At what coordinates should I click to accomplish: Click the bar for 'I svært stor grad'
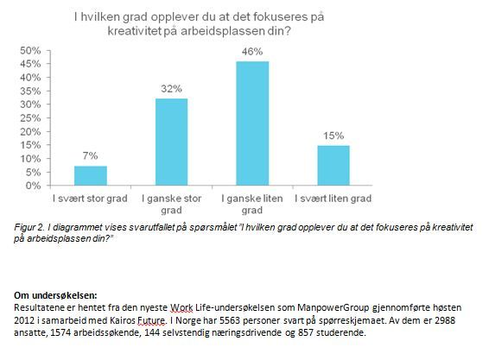(91, 176)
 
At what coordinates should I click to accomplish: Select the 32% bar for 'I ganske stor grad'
(172, 142)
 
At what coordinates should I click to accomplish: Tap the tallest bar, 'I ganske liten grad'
(252, 123)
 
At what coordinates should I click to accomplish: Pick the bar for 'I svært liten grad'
(333, 166)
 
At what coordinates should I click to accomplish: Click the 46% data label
(252, 52)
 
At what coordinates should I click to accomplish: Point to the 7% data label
(91, 155)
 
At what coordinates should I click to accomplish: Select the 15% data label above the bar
(333, 136)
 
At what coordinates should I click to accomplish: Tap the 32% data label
(172, 89)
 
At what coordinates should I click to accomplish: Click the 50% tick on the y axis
(30, 50)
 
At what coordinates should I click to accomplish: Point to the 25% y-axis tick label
(30, 118)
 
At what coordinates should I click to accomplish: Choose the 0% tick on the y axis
(33, 186)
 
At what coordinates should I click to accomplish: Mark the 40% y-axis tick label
(30, 78)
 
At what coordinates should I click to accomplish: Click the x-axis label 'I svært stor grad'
(90, 199)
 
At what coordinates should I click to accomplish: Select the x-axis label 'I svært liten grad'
(333, 199)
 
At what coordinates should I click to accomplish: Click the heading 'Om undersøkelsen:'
(55, 295)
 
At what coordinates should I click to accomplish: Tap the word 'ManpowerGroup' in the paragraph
(333, 308)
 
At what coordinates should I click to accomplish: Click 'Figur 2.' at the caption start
(29, 227)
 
